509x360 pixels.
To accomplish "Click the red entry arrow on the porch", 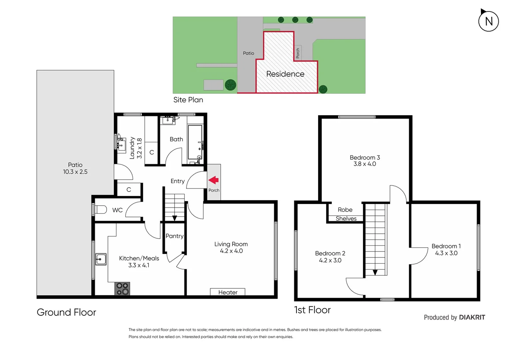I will [214, 180].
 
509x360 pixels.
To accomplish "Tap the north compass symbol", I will [488, 21].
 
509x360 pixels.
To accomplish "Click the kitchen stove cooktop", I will [122, 289].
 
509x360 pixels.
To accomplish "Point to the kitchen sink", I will [101, 259].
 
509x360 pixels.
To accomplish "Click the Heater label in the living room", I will [228, 292].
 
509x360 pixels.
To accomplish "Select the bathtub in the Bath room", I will [195, 142].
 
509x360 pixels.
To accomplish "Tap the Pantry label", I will [174, 236].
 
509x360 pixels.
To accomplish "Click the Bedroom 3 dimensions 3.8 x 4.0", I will [365, 164].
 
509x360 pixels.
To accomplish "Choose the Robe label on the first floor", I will [345, 210].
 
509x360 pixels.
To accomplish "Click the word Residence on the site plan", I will [285, 74].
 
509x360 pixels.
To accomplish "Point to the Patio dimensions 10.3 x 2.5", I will [75, 172].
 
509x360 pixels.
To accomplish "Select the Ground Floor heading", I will [66, 312].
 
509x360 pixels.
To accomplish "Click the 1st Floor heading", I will [312, 310].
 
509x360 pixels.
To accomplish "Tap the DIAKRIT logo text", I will [472, 317].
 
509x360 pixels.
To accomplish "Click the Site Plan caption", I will [188, 100].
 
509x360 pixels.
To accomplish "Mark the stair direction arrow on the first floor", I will [375, 272].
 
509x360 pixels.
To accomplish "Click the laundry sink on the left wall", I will [121, 144].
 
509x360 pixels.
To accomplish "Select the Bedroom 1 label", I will [446, 246].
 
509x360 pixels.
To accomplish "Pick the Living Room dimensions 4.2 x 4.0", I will [231, 251].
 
